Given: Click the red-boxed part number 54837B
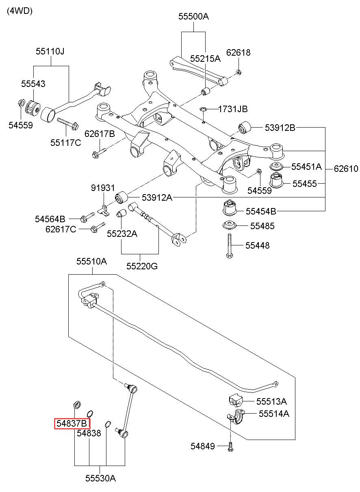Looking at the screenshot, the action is (x=72, y=423).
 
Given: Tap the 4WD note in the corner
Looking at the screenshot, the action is (x=20, y=11).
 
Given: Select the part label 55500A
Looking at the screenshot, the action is (x=193, y=16).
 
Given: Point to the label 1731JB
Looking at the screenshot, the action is (x=233, y=109).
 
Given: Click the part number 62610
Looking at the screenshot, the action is (x=346, y=169).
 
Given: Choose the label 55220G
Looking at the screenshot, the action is (x=142, y=266).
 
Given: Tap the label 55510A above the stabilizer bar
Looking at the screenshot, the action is (x=91, y=261).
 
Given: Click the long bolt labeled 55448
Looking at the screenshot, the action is (x=229, y=245).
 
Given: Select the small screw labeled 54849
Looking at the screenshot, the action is (x=230, y=447).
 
